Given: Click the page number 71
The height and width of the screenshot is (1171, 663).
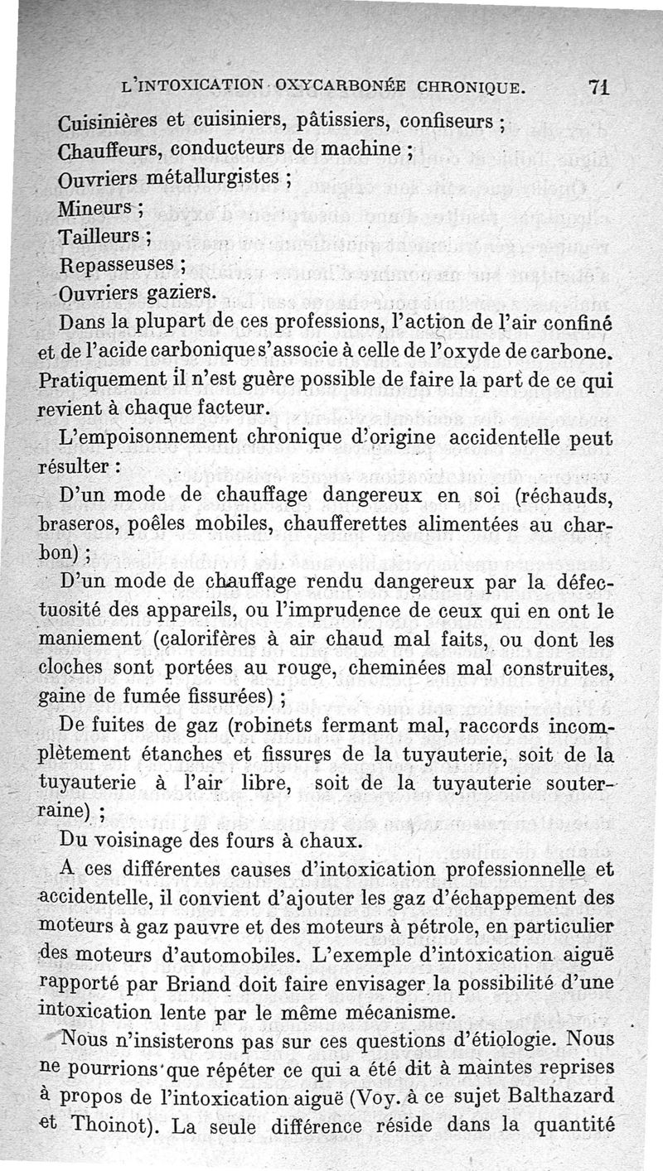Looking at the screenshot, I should click(x=598, y=87).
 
